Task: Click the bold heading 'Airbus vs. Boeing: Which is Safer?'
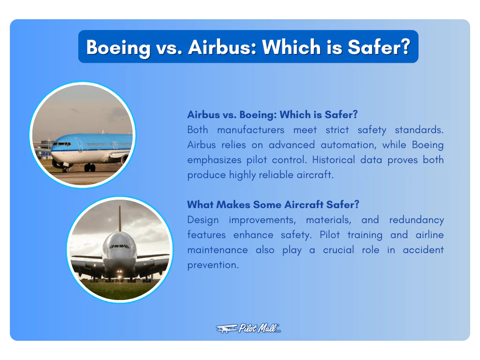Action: [x=272, y=115]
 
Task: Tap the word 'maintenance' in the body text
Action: [x=217, y=250]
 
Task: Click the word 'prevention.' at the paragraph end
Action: [x=213, y=265]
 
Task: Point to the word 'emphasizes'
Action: [x=211, y=160]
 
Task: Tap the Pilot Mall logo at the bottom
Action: [x=248, y=329]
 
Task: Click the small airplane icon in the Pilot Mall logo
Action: [x=226, y=329]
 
